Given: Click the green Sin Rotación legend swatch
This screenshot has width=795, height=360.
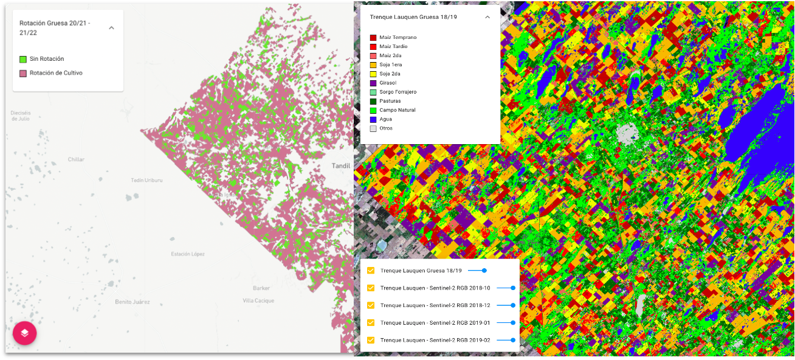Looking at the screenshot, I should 23,59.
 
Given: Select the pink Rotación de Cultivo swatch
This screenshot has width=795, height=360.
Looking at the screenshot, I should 23,74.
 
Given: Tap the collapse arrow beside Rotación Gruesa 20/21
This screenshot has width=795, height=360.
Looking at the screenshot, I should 111,28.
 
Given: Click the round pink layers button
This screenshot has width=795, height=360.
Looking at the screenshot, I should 25,333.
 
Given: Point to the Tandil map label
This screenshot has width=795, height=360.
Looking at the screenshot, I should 342,166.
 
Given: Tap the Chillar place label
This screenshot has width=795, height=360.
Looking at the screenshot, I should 76,159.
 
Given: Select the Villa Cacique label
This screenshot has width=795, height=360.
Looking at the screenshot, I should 258,300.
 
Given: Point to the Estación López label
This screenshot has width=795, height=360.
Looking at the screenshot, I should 188,254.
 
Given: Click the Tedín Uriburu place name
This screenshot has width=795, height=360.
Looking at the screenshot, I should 147,181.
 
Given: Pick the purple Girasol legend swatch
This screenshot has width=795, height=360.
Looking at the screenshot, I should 373,83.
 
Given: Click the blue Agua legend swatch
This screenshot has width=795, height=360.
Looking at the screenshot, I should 373,119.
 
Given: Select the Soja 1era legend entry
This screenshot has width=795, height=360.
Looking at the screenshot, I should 390,64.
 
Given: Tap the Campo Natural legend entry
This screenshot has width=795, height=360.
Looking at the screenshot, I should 397,110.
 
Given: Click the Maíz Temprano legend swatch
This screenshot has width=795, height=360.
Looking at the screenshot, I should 373,38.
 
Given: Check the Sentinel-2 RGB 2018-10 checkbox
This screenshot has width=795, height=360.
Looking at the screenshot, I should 371,288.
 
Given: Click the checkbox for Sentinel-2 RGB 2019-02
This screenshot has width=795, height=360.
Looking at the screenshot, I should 371,340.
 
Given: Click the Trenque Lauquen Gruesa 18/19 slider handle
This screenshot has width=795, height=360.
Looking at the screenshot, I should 484,271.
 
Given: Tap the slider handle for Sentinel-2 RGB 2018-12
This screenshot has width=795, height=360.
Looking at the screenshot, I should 513,305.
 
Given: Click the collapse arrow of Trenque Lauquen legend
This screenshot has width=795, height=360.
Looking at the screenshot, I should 487,17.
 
